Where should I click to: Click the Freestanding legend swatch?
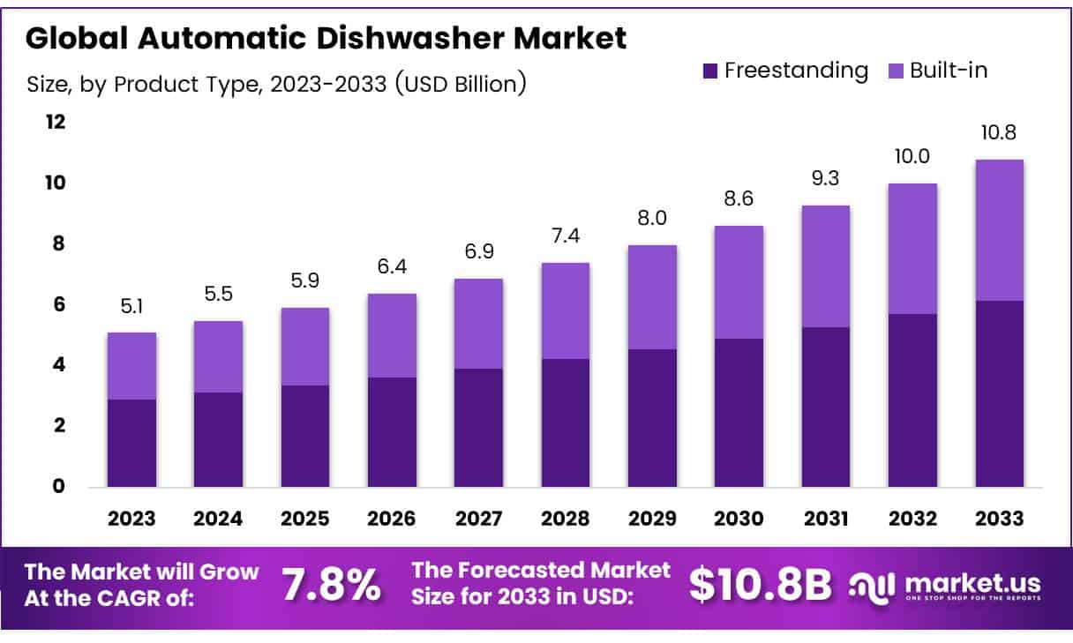[710, 71]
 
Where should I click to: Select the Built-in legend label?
[949, 71]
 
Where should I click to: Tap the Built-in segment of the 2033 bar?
[999, 230]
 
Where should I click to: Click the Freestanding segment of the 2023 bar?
[131, 443]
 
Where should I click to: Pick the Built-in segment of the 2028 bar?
[565, 310]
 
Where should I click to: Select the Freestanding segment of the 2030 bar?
[739, 412]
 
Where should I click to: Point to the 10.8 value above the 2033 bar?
[999, 133]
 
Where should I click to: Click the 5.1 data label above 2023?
[131, 306]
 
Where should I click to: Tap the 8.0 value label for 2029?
[652, 219]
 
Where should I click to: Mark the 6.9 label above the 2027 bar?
[478, 252]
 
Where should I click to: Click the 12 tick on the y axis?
[56, 122]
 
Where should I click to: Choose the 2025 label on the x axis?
[304, 519]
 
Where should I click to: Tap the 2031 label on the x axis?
[825, 519]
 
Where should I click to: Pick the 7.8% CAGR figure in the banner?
[331, 584]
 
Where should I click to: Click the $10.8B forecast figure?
[760, 584]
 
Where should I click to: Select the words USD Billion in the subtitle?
[461, 85]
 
